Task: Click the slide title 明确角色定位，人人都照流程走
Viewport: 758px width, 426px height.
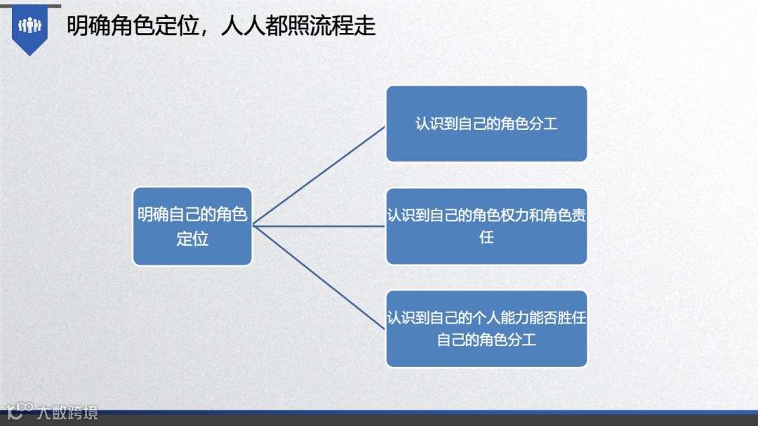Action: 221,27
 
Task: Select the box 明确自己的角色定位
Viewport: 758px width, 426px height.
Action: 192,226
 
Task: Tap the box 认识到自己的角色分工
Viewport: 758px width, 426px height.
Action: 486,124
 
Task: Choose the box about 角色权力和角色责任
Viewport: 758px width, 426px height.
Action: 486,226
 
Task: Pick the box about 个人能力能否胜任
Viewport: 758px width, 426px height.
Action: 486,328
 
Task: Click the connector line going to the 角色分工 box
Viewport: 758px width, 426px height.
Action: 319,175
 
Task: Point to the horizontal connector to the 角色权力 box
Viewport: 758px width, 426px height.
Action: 319,226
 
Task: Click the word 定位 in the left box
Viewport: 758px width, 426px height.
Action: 192,239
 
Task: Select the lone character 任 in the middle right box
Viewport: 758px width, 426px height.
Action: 486,237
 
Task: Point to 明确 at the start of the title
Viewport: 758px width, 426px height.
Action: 88,27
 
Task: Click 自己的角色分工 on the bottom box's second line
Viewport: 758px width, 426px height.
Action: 486,340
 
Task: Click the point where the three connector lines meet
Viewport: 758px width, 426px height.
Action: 253,226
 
